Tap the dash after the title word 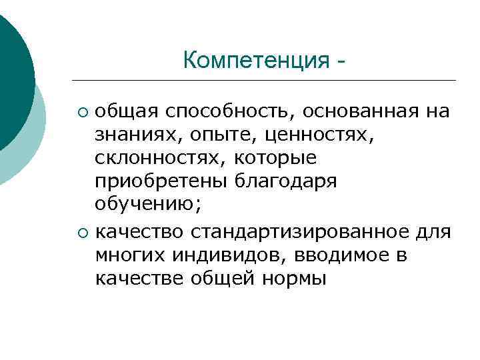[x=341, y=62]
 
